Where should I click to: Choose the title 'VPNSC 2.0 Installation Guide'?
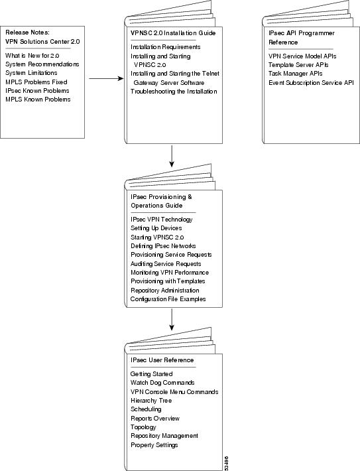point(173,33)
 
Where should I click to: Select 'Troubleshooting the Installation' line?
point(174,92)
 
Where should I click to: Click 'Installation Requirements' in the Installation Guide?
point(165,48)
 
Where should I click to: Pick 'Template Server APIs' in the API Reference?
point(298,65)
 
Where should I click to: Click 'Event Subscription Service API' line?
point(311,83)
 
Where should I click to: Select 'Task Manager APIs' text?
point(295,74)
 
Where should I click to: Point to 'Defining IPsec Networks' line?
point(163,246)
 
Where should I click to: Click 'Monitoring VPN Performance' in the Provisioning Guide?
point(170,273)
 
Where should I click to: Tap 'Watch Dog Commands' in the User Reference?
point(162,383)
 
